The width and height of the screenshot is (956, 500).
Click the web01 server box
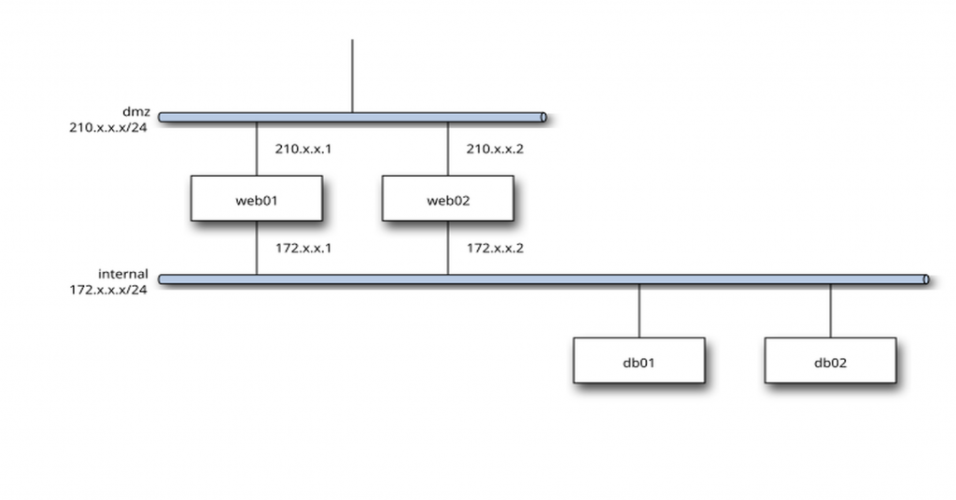pos(256,198)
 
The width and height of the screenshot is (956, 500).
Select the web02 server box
pos(447,198)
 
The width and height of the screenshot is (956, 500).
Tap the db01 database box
pos(639,361)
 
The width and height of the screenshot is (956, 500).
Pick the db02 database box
pos(830,361)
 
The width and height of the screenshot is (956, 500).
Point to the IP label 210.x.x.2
pos(495,149)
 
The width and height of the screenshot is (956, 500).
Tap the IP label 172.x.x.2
pos(495,249)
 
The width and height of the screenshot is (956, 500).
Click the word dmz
pos(136,111)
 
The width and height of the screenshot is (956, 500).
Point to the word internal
pos(123,274)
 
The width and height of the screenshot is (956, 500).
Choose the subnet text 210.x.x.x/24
pos(108,126)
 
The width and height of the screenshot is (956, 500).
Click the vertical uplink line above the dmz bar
pos(352,75)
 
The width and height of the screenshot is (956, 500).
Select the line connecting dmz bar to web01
pos(256,149)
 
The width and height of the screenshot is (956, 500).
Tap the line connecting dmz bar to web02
pos(447,149)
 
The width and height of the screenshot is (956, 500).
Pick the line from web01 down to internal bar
pos(256,248)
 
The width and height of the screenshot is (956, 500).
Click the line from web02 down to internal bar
pos(447,248)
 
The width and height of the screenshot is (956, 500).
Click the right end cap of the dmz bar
pos(543,118)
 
